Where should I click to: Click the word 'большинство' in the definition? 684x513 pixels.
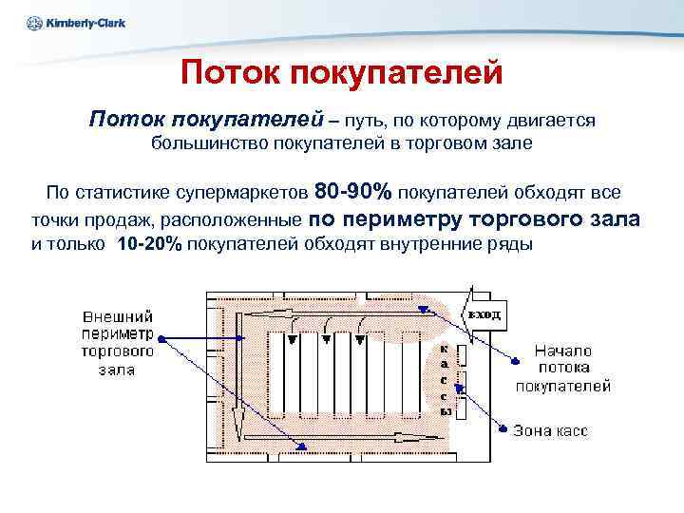(211, 144)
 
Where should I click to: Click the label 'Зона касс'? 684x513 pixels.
(550, 430)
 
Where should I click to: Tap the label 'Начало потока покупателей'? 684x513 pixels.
(562, 368)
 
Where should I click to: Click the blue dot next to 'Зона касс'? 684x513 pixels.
(506, 428)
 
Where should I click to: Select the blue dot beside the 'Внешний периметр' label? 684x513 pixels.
(161, 337)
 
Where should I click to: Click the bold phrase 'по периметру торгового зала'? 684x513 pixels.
(475, 218)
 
